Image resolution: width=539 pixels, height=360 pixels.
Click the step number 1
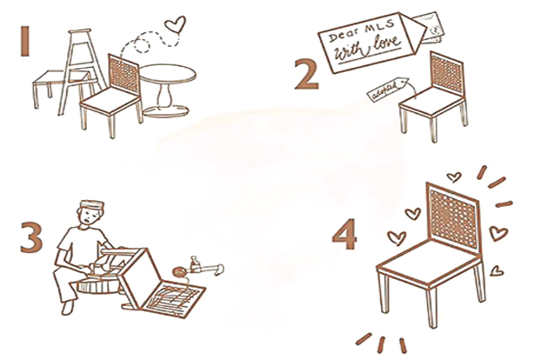(x=24, y=42)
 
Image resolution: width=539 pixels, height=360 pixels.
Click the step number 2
(x=307, y=75)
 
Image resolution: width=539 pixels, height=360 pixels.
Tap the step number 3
(x=31, y=237)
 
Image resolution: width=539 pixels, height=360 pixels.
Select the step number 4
(x=344, y=234)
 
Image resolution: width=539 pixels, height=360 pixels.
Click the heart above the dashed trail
(x=175, y=24)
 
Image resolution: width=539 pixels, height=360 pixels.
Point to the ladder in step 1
(x=82, y=69)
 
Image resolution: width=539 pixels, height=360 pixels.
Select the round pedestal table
(x=168, y=90)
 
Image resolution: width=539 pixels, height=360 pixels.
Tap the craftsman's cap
(x=92, y=204)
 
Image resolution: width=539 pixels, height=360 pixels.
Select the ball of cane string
(x=180, y=272)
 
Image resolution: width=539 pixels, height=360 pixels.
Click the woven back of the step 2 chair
(x=447, y=74)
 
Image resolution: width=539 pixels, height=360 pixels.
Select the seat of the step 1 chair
(x=111, y=100)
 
